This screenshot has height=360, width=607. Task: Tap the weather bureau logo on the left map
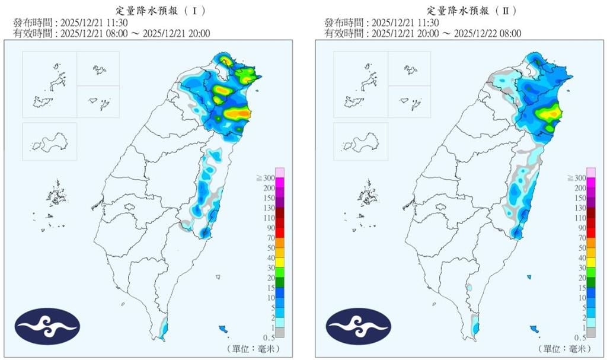click(x=47, y=326)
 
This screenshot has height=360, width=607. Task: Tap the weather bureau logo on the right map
click(x=358, y=326)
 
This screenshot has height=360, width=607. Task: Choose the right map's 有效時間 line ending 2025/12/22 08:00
click(x=423, y=33)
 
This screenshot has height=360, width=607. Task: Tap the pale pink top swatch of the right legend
click(x=590, y=173)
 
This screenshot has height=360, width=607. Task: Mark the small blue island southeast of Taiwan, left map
click(x=223, y=329)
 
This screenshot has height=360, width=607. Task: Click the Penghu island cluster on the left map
click(x=57, y=193)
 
